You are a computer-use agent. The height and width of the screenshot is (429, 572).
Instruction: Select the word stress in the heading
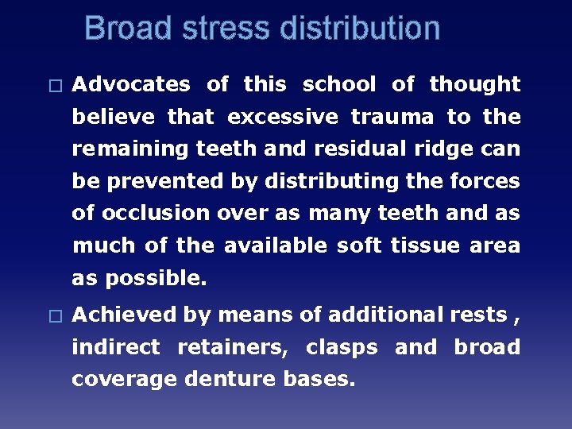230,29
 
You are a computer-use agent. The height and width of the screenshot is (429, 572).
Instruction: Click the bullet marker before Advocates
54,85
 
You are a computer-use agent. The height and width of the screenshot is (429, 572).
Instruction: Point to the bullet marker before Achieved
54,316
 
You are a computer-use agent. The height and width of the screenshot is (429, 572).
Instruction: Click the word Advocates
131,84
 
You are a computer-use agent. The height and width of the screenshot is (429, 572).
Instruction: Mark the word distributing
333,182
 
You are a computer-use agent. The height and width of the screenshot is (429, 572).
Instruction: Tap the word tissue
422,246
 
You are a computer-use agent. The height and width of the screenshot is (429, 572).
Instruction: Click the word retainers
228,347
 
